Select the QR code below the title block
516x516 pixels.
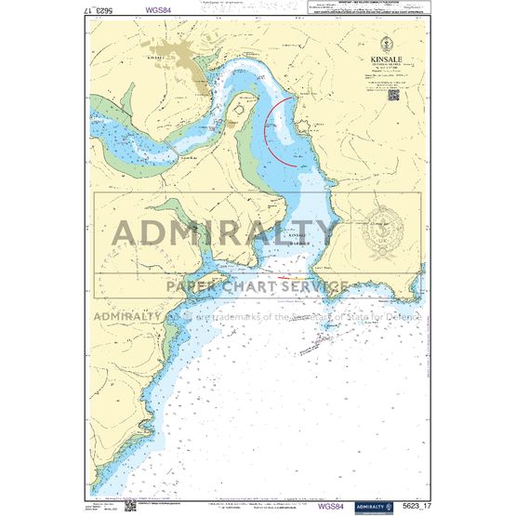click(393, 93)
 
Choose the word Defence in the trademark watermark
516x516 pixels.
click(402, 316)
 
